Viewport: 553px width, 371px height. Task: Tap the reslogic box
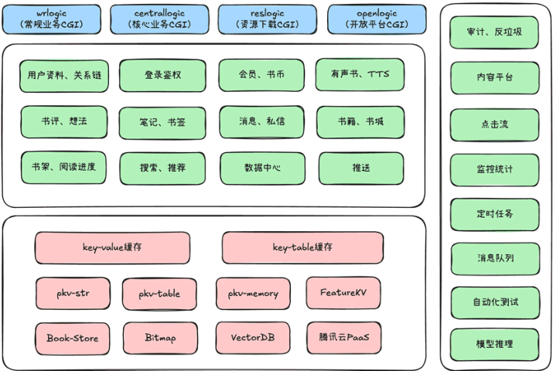pyautogui.click(x=267, y=19)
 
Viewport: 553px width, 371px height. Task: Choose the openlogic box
pyautogui.click(x=377, y=19)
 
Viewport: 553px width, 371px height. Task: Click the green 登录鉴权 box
pyautogui.click(x=162, y=76)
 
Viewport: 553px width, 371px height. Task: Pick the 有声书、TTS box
pyautogui.click(x=360, y=75)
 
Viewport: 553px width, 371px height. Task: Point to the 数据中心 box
pyautogui.click(x=261, y=167)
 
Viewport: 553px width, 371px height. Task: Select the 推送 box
pyautogui.click(x=360, y=167)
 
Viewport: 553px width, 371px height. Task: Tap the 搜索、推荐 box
pyautogui.click(x=162, y=167)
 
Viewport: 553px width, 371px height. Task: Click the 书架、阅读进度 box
pyautogui.click(x=64, y=167)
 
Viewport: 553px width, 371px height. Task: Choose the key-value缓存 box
pyautogui.click(x=112, y=248)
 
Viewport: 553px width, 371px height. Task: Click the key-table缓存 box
pyautogui.click(x=302, y=248)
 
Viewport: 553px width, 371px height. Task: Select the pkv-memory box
pyautogui.click(x=253, y=294)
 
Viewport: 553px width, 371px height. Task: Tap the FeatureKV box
pyautogui.click(x=342, y=293)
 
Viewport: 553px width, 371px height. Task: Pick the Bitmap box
pyautogui.click(x=161, y=338)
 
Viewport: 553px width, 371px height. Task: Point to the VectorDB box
pyautogui.click(x=253, y=338)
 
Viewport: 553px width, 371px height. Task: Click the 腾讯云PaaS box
pyautogui.click(x=343, y=338)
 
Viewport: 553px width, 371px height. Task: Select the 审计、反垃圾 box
pyautogui.click(x=495, y=33)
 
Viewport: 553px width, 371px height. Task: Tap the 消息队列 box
pyautogui.click(x=495, y=257)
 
